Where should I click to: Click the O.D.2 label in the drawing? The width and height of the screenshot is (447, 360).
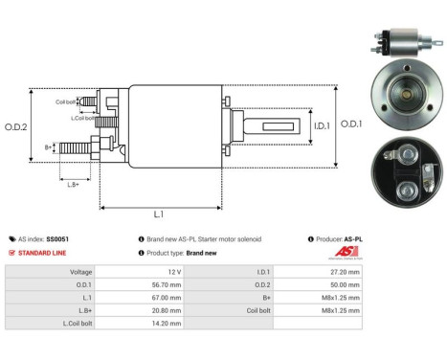coord(16,127)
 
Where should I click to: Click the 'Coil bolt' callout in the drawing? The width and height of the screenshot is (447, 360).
coord(66,100)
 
